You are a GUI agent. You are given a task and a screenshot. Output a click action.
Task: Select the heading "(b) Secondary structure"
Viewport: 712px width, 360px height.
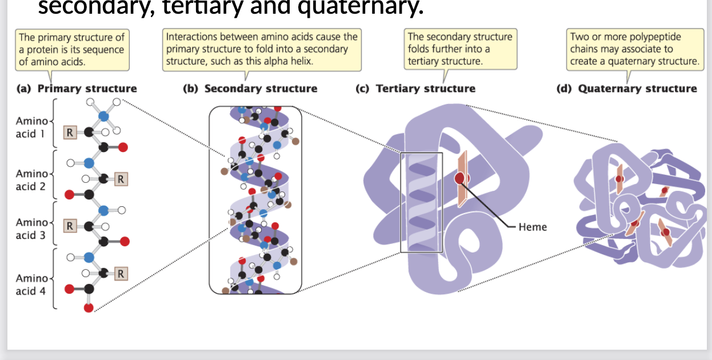[250, 89]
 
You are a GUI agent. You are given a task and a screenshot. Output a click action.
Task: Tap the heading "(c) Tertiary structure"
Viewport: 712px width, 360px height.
[415, 89]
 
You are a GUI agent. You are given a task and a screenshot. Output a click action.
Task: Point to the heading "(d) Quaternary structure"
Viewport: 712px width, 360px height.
[627, 89]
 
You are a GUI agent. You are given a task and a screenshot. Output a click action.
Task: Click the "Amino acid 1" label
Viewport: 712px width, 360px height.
[32, 127]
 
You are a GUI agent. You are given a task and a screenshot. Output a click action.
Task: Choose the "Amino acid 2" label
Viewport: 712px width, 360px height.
[32, 179]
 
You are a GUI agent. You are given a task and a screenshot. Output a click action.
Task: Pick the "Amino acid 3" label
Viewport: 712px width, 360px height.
[32, 228]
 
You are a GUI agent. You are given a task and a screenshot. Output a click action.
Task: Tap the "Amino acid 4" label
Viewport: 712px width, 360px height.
[32, 284]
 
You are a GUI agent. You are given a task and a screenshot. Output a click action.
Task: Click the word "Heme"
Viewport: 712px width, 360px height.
[533, 227]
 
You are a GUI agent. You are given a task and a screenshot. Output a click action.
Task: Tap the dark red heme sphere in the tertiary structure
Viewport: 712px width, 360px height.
[461, 178]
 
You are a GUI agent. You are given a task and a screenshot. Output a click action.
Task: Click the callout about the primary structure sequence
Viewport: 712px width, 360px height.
[71, 49]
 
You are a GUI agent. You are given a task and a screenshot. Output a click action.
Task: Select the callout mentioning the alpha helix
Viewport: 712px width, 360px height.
[262, 49]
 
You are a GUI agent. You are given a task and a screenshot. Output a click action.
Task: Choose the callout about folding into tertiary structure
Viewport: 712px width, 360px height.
[460, 49]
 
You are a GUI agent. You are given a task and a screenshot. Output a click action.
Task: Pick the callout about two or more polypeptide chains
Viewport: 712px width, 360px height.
[634, 49]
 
